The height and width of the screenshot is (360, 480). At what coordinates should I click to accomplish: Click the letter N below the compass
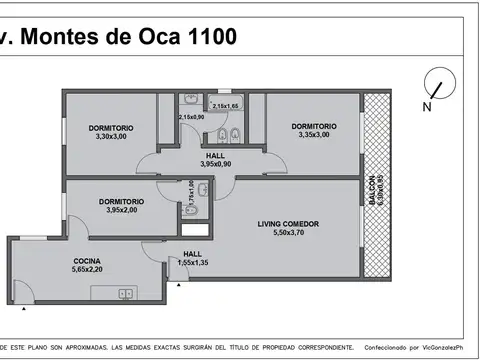[x=427, y=106]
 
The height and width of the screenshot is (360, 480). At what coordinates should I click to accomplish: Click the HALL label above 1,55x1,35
[x=192, y=254]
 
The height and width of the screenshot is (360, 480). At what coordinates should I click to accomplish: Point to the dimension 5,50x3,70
[x=287, y=233]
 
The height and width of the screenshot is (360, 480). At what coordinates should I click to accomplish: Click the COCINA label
[x=86, y=260]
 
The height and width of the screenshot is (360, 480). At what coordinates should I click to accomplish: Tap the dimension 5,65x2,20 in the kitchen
[x=86, y=269]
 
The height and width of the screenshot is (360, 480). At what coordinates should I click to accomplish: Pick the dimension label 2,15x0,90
[x=192, y=117]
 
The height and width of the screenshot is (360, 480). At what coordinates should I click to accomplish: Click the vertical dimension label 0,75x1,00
[x=190, y=192]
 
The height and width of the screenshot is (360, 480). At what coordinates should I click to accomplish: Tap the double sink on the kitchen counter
[x=124, y=293]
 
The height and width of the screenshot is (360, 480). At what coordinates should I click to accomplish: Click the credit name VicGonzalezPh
[x=452, y=348]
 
